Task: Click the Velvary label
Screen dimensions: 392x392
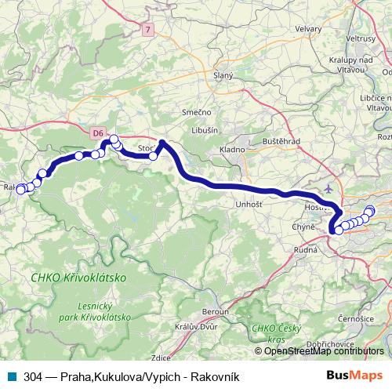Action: click(x=308, y=28)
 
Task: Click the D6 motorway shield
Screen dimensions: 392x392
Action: click(x=97, y=133)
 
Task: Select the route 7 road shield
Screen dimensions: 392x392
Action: click(x=147, y=29)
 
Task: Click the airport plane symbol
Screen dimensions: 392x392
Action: click(x=328, y=188)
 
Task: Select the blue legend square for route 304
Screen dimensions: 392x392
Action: click(x=11, y=376)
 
